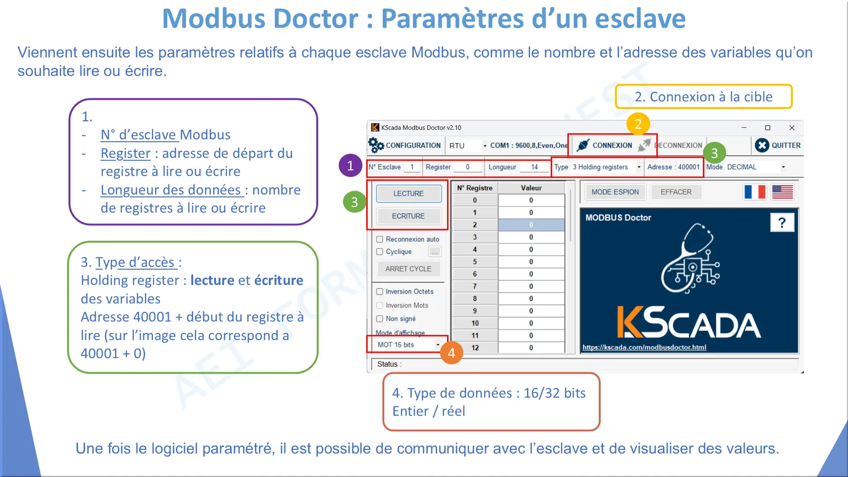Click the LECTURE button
[x=409, y=194]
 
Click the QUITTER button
[x=778, y=146]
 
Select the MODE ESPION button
[x=615, y=192]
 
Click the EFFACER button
[x=676, y=192]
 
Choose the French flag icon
[x=755, y=192]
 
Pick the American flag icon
[x=782, y=192]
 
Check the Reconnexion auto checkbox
[x=380, y=239]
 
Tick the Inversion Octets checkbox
[x=380, y=292]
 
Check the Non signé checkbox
[x=380, y=319]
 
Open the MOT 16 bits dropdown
[x=408, y=345]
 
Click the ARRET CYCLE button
[x=409, y=269]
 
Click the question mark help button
[x=782, y=223]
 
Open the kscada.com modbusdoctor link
[x=644, y=347]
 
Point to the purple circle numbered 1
[x=351, y=165]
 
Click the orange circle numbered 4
[x=451, y=353]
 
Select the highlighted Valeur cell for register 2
[x=531, y=225]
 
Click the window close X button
[x=792, y=128]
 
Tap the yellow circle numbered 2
[x=638, y=124]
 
